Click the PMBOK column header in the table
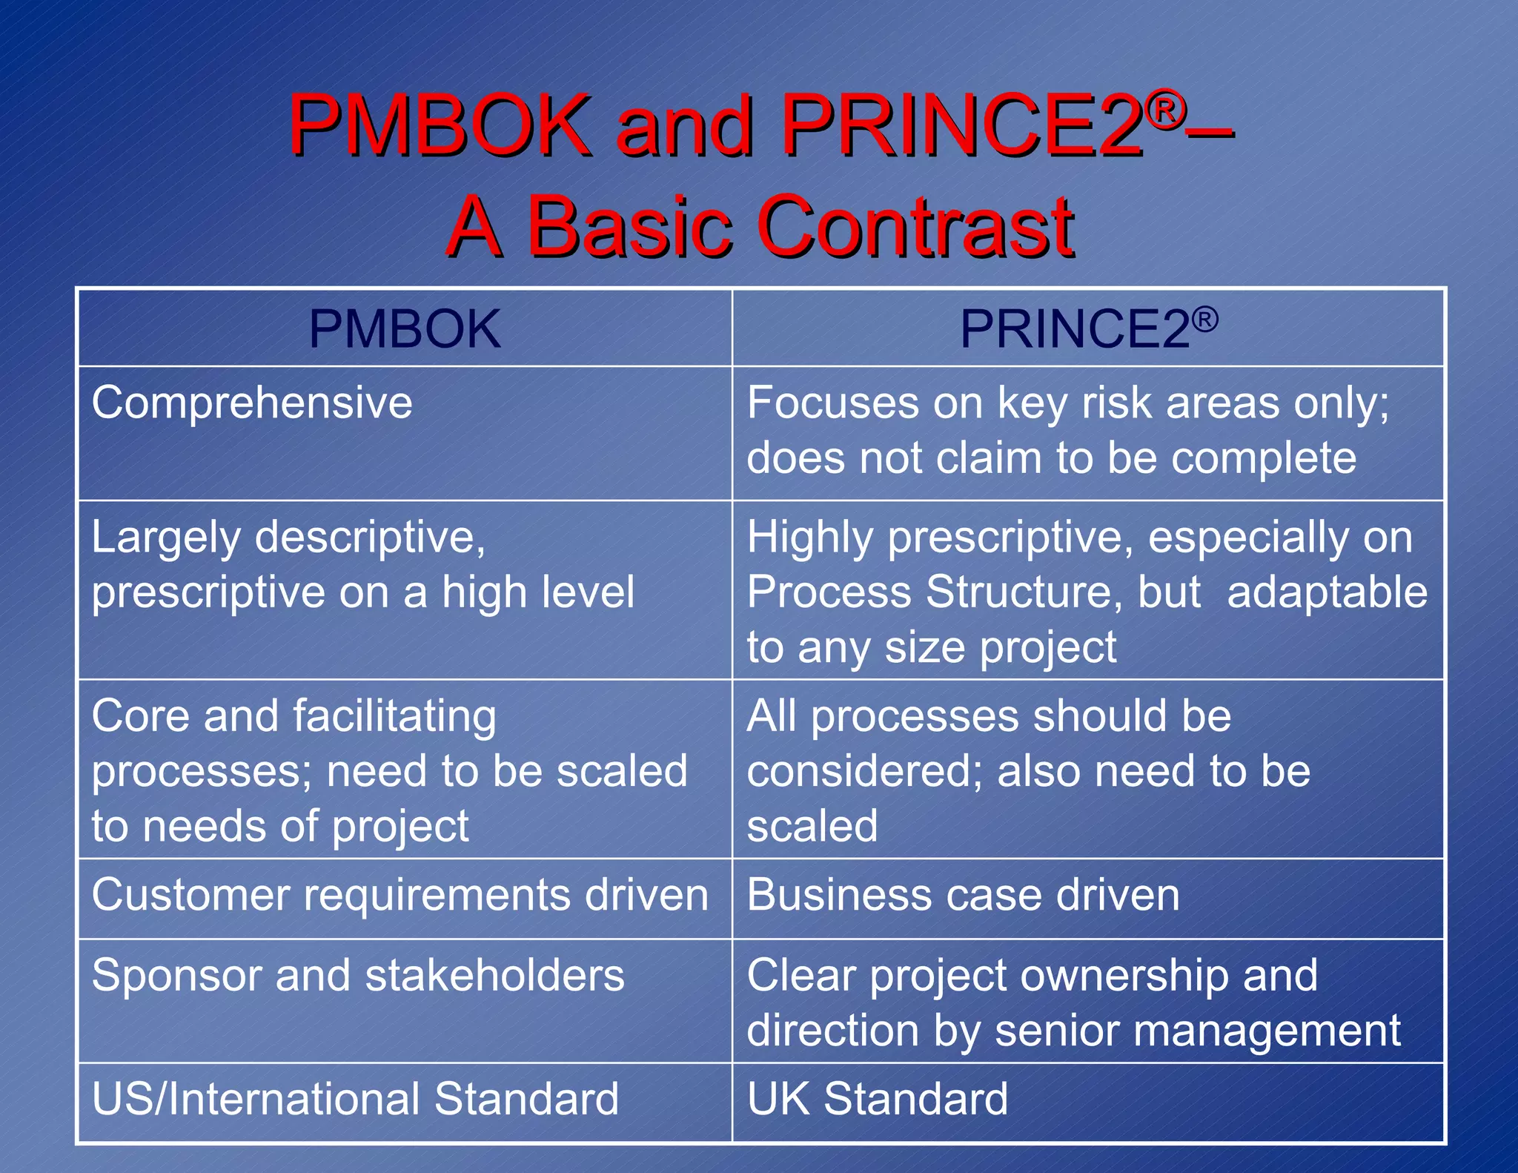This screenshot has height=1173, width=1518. click(x=405, y=329)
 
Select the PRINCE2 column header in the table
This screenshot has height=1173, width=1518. click(x=1088, y=329)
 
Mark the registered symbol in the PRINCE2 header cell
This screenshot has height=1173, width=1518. click(x=1206, y=320)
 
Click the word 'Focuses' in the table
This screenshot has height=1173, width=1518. click(x=833, y=403)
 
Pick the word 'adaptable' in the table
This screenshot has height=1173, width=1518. click(x=1327, y=592)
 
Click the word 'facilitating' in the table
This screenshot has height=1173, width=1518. click(x=394, y=716)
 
